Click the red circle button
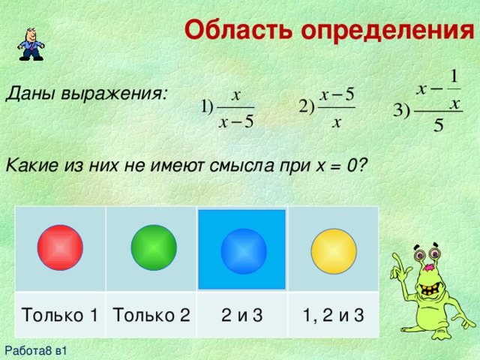[x=61, y=248]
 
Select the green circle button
[x=153, y=247]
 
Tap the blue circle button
[x=244, y=250]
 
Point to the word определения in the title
[x=387, y=30]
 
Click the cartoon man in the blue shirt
[x=30, y=43]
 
